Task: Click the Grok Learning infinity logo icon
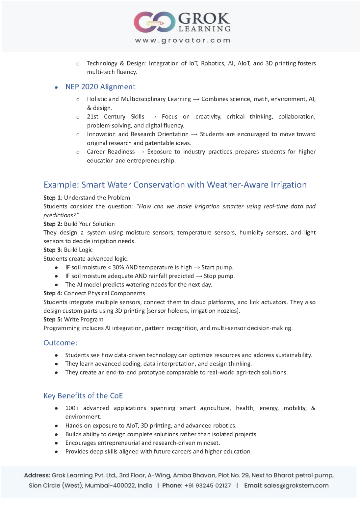point(154,22)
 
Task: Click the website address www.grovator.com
point(183,40)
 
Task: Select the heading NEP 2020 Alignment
point(100,87)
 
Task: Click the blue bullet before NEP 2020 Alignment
point(57,87)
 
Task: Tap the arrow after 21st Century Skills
point(153,117)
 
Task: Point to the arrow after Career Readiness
point(141,152)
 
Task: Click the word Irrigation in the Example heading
point(289,185)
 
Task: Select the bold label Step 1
point(52,198)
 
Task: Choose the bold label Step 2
point(53,224)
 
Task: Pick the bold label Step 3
point(52,250)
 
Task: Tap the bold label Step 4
point(53,293)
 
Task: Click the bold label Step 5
point(53,320)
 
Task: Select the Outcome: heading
point(61,343)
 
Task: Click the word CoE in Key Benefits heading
point(116,396)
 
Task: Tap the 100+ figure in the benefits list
point(72,408)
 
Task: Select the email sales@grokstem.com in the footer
point(296,486)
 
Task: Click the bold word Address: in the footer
point(37,475)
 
